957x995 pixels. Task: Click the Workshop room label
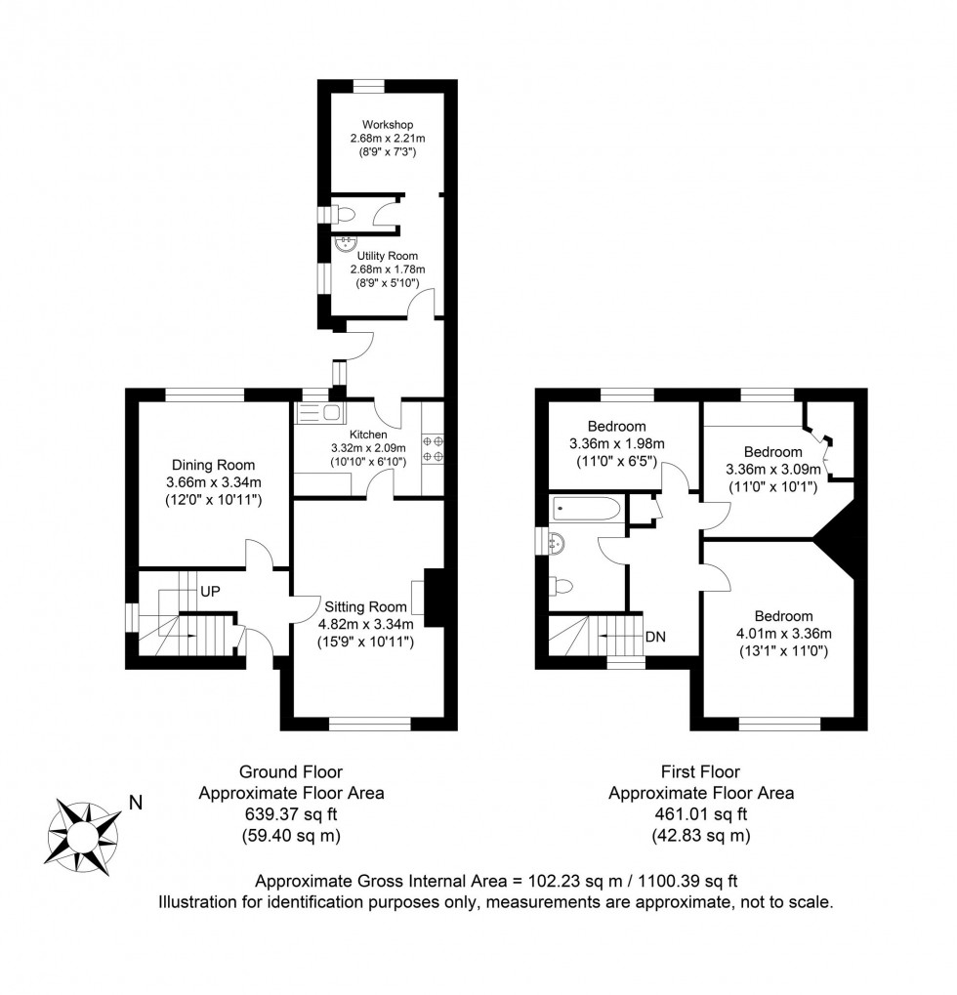pos(388,125)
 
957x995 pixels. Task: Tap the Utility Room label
pos(388,256)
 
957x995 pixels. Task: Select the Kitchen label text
pos(368,435)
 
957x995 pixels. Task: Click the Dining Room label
pos(213,466)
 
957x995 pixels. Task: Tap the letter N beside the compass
pos(136,805)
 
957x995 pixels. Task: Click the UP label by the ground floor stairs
pos(209,592)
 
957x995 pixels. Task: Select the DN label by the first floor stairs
pos(656,637)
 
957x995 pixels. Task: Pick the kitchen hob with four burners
pos(432,449)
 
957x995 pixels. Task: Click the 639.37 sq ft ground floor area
pos(291,814)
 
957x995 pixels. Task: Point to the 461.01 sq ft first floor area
pos(700,814)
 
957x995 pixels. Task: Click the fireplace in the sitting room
pos(431,597)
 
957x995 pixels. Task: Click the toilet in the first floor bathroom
pos(560,587)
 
